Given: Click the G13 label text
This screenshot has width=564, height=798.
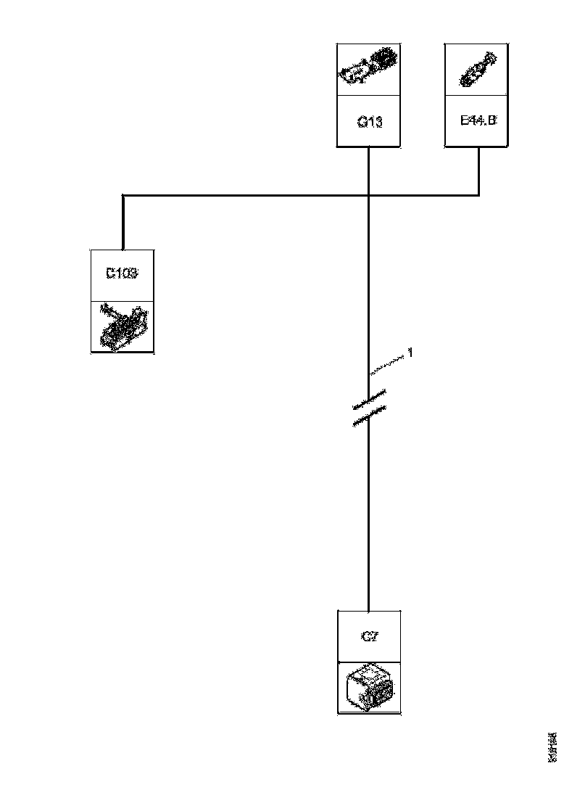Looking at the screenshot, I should tap(369, 122).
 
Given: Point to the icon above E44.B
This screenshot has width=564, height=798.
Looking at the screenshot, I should tap(478, 70).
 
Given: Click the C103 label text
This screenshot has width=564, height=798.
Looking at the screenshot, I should tap(122, 274).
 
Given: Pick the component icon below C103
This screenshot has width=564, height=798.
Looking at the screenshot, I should tap(123, 326).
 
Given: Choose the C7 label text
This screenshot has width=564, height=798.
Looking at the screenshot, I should tap(369, 637).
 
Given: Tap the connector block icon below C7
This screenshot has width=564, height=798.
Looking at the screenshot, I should tap(370, 688).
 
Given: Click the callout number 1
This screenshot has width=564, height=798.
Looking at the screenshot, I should tap(410, 353).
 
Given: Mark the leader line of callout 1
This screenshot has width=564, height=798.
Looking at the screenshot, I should tap(388, 364).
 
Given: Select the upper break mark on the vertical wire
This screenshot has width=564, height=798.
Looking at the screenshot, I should tap(369, 398).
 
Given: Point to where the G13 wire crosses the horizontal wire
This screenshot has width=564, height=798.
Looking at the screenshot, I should tap(369, 194).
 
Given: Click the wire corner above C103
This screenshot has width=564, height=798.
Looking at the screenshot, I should tap(123, 195).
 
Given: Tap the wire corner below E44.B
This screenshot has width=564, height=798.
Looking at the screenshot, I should tap(478, 194).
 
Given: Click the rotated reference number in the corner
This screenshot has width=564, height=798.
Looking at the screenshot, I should tap(552, 746).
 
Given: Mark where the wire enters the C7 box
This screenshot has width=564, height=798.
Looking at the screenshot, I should tap(369, 611).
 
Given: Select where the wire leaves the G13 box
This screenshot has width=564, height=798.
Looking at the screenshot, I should tap(369, 149).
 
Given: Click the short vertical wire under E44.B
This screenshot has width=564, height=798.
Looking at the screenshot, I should tap(478, 171).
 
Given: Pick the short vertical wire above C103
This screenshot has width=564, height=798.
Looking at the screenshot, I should tap(123, 222).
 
